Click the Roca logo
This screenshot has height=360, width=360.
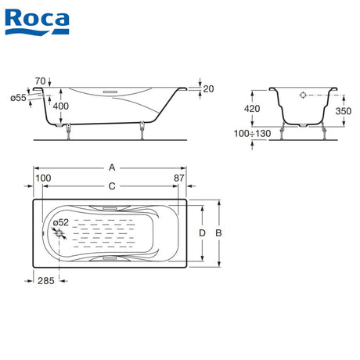point(37,22)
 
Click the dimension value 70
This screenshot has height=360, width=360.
point(41,81)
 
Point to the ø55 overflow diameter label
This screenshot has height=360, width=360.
point(18,98)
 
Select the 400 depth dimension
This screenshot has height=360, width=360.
point(61,106)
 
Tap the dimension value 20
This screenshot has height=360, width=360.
point(208,89)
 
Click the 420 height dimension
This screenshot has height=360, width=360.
point(252,109)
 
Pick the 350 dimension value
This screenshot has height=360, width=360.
point(344,111)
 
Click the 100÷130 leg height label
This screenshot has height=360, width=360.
point(252,134)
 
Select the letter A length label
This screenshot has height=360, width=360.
point(112,167)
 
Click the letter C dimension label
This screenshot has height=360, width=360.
point(112,186)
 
